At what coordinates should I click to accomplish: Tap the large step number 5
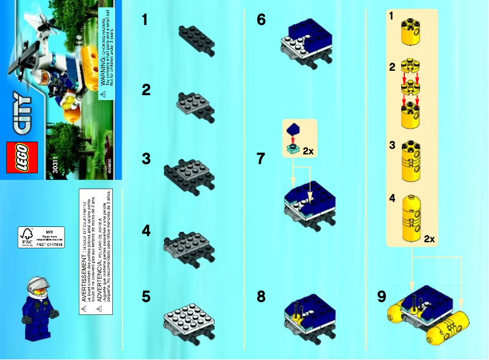[x=146, y=297]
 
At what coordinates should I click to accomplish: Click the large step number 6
[x=261, y=20]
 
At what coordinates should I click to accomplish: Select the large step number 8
[x=261, y=297]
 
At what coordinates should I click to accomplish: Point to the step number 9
[x=382, y=297]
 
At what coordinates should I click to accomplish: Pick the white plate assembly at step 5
[x=190, y=320]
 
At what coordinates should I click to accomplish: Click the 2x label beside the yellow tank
[x=429, y=238]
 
